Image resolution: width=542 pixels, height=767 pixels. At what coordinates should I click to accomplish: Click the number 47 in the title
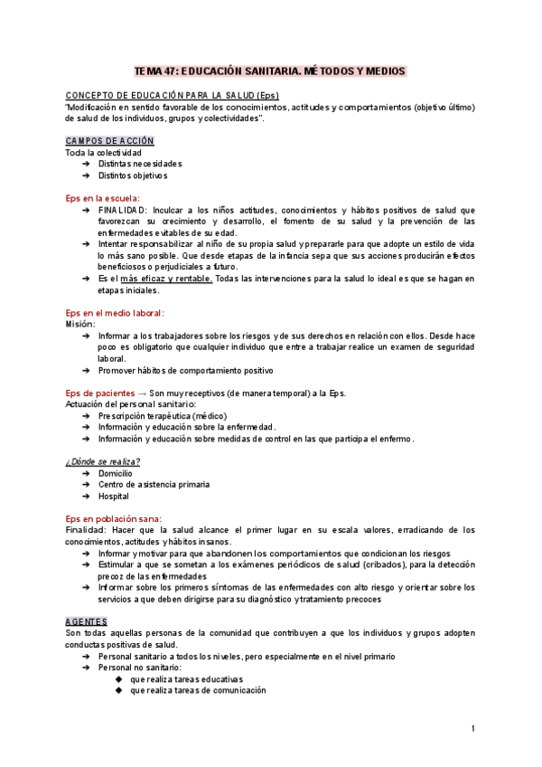[170, 71]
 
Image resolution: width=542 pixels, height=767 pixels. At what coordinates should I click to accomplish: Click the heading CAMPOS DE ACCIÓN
[109, 141]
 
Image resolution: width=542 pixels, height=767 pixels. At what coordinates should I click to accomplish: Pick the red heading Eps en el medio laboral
[115, 312]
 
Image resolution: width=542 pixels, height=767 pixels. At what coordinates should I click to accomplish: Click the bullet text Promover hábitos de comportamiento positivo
[186, 370]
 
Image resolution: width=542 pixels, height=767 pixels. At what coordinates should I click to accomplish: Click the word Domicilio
[116, 473]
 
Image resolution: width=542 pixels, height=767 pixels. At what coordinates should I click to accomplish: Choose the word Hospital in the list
[114, 496]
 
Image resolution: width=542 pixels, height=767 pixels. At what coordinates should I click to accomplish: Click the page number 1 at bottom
[472, 729]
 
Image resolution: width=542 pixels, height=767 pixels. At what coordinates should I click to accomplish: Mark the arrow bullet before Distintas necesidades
[85, 164]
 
